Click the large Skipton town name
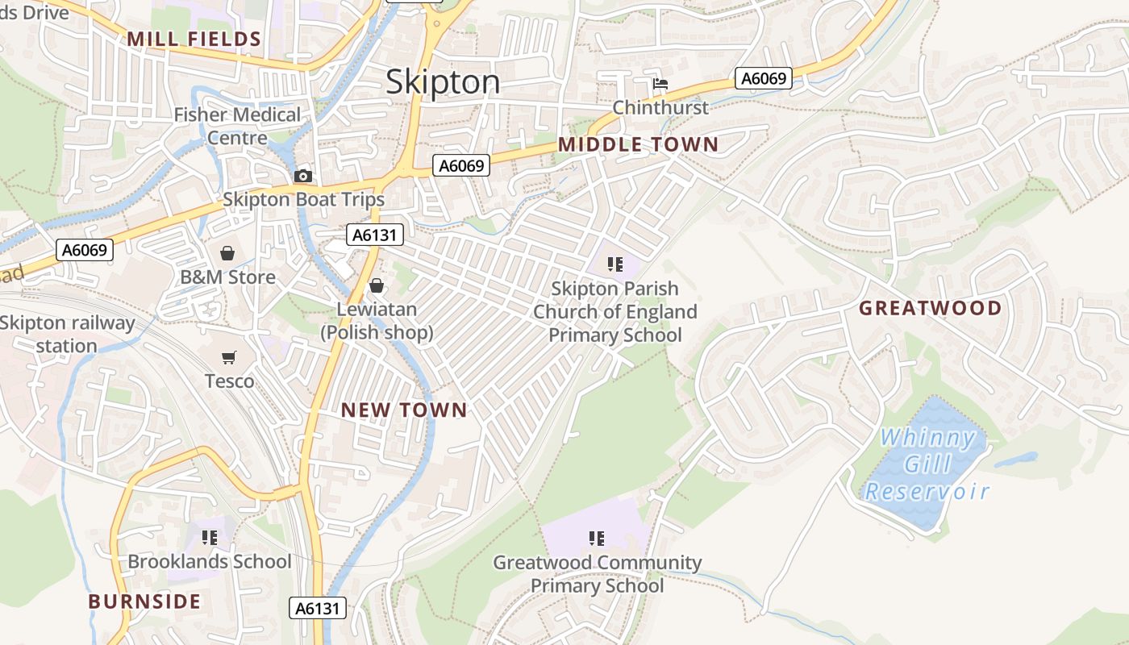(443, 82)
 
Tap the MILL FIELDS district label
(194, 40)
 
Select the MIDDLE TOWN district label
(638, 145)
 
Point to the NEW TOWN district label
(404, 410)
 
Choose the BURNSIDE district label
(144, 601)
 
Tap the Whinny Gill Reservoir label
(927, 464)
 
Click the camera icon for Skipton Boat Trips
(303, 176)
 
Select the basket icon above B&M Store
(227, 254)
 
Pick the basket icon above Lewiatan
(377, 285)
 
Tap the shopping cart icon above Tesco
(229, 357)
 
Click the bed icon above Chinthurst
(660, 84)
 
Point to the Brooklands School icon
(210, 538)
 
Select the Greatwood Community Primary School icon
(597, 539)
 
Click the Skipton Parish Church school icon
(615, 264)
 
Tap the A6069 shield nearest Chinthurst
(764, 78)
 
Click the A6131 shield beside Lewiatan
(375, 235)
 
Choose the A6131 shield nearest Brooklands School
(318, 608)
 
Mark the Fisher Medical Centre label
(237, 127)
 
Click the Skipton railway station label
(67, 335)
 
